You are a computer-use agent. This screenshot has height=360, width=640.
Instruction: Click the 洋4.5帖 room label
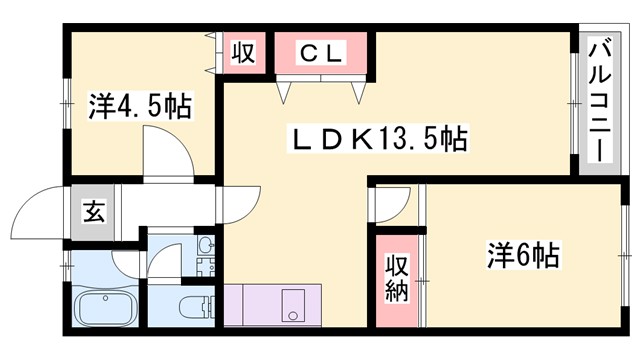tap(141, 105)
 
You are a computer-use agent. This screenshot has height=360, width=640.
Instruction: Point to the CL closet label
tap(322, 52)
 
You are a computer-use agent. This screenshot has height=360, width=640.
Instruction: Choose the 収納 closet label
tap(396, 278)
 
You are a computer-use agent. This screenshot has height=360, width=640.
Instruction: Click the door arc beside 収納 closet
tap(392, 205)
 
